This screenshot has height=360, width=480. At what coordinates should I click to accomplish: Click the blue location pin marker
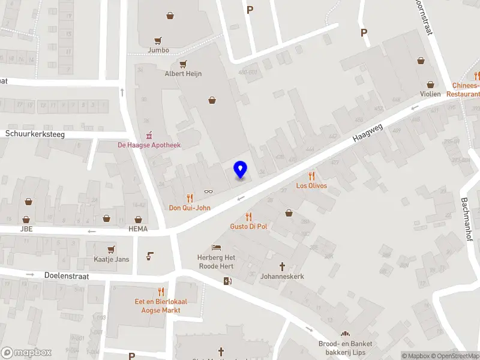[x=240, y=170]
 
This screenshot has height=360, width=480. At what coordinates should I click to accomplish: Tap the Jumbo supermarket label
[x=158, y=50]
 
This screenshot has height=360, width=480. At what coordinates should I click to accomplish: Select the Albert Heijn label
[x=183, y=74]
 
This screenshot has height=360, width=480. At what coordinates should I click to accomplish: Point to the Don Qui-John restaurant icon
[x=190, y=198]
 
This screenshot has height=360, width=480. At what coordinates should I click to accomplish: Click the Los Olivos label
[x=311, y=186]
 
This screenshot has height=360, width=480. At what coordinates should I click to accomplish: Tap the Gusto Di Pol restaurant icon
[x=248, y=217]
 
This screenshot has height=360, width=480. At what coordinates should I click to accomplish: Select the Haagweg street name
[x=367, y=130]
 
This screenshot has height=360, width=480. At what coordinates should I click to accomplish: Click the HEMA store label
[x=137, y=229]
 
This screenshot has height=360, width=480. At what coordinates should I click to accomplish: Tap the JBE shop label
[x=26, y=229]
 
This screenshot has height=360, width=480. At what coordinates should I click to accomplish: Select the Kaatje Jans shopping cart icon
[x=111, y=249]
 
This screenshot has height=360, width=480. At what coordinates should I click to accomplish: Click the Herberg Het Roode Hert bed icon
[x=217, y=248]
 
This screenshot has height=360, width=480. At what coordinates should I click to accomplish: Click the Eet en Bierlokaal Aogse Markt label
[x=161, y=306]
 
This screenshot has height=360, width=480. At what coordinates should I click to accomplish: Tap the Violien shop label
[x=430, y=94]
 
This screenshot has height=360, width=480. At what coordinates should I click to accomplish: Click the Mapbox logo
[x=26, y=353]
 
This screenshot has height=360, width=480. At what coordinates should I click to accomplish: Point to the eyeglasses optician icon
[x=208, y=191]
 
